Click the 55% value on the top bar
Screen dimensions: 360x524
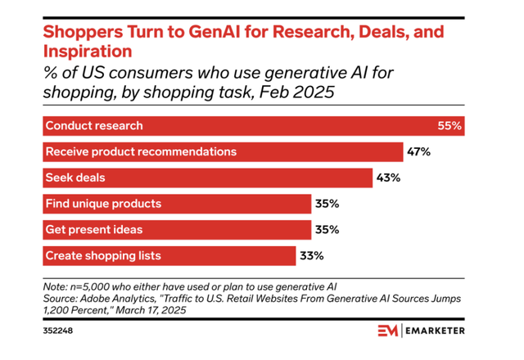tap(450, 126)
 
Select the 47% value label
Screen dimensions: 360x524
tap(419, 151)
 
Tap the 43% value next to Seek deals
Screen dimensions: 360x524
tap(388, 178)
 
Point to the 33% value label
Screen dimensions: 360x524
tap(312, 255)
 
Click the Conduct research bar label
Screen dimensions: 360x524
tap(94, 126)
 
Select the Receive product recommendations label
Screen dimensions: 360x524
tap(141, 151)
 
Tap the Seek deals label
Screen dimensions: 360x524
tap(75, 178)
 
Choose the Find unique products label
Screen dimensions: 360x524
tap(103, 204)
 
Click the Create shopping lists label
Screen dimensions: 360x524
tap(103, 255)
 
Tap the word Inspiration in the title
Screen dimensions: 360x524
tap(86, 51)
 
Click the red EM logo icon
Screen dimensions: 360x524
tap(388, 330)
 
